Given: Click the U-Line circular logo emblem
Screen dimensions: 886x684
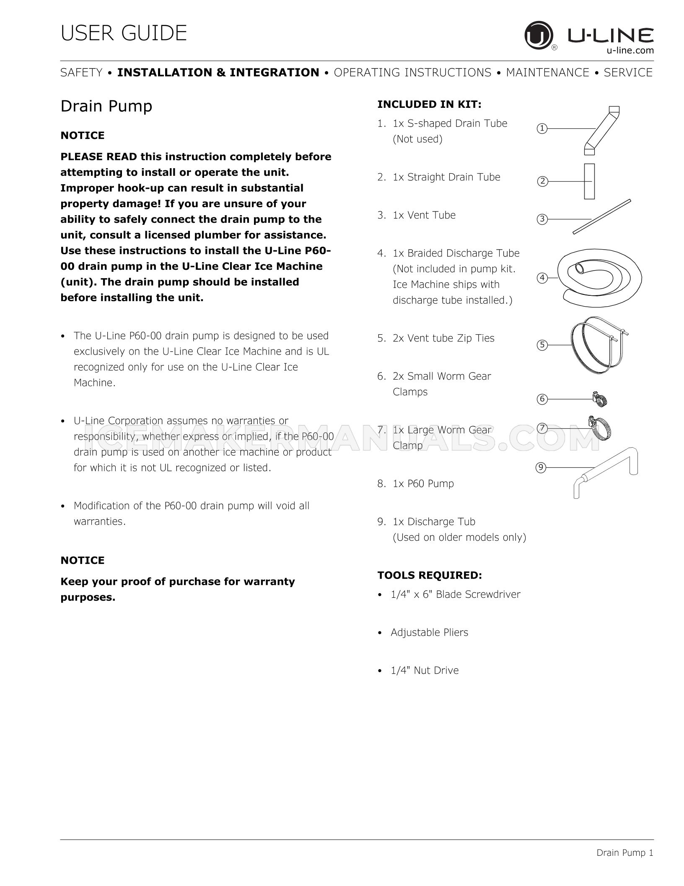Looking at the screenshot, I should point(539,35).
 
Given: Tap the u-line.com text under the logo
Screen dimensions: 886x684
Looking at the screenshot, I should point(630,50).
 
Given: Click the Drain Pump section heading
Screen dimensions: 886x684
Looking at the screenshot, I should point(106,106).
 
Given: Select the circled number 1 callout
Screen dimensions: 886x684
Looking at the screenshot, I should point(542,128).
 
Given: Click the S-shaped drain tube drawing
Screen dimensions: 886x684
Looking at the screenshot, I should point(601,130).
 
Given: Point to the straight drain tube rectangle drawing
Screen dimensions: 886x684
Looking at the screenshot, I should point(589,181).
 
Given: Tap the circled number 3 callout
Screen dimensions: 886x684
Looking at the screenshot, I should point(542,219).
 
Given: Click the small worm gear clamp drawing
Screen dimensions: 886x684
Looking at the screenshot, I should point(600,399).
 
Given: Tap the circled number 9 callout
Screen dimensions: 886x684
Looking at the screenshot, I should point(541,467).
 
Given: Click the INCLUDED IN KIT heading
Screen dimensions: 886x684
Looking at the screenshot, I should point(429,104).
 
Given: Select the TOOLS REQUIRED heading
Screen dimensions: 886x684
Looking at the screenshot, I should point(430,575).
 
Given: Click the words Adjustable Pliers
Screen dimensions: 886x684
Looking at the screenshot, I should point(429,632).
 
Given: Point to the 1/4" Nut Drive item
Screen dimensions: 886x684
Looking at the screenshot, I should point(424,670).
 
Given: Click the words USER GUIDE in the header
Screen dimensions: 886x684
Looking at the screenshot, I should point(124,33).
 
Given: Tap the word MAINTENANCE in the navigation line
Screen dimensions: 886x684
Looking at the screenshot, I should point(547,73).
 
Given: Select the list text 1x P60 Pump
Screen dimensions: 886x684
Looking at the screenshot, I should point(423,483).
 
